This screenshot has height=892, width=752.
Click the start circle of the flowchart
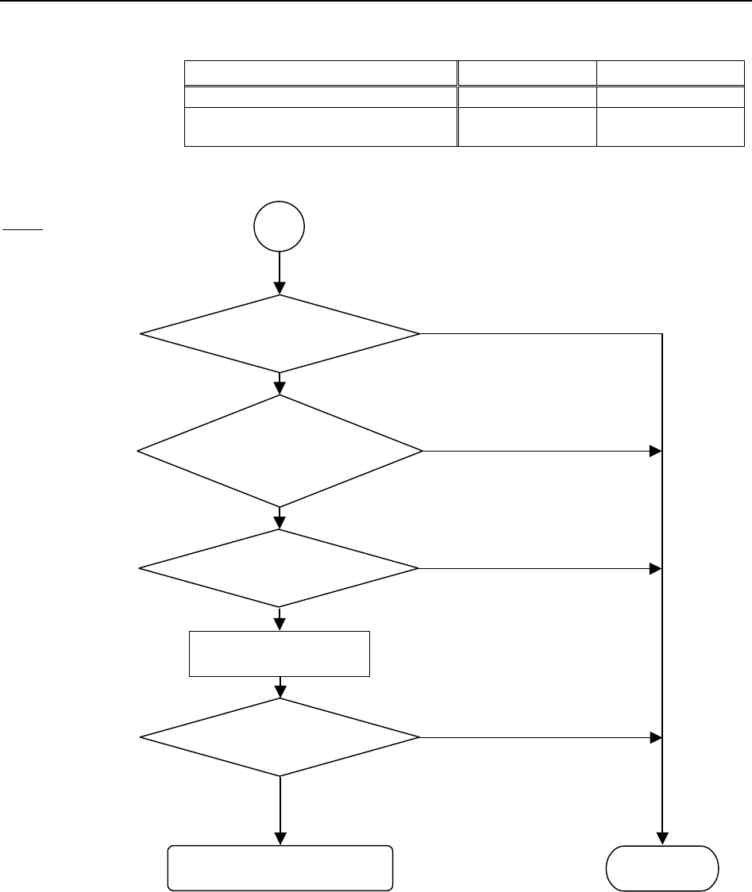280,226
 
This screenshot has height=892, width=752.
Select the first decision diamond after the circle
280,334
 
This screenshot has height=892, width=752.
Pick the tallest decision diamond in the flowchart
280,451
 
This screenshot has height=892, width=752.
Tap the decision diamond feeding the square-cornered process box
280,568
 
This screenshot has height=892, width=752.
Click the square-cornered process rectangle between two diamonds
280,653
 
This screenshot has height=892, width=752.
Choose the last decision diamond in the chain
280,737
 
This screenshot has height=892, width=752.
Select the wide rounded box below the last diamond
280,867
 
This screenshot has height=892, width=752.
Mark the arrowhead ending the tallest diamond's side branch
656,451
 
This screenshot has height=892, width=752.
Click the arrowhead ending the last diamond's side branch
656,737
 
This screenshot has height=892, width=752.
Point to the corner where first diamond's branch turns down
662,334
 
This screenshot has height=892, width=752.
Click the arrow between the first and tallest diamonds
280,384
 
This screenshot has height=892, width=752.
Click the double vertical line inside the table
458,103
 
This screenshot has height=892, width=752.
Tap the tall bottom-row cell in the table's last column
670,126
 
